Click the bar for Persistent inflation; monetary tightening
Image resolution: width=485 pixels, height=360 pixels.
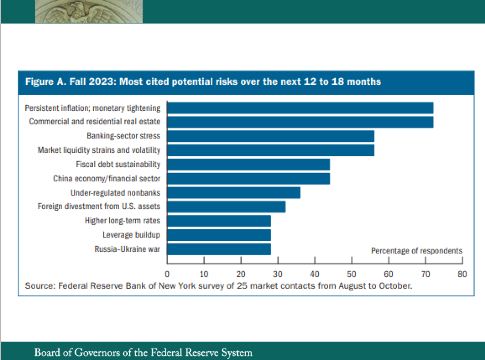[300, 108]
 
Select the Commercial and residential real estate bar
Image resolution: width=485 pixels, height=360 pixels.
[300, 122]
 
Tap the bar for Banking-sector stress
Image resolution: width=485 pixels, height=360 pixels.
[270, 136]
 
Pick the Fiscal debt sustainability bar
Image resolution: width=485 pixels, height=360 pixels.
[248, 164]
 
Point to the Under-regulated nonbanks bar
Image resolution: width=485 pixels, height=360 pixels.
[234, 193]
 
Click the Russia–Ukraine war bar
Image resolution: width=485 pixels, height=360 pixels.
[219, 249]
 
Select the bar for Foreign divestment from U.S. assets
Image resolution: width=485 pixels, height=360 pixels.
[226, 207]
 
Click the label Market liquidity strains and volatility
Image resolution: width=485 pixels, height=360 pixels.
[99, 150]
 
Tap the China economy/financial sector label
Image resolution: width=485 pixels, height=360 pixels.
[106, 178]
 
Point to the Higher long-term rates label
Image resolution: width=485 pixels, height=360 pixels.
[122, 221]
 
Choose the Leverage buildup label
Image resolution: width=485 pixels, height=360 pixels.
[131, 235]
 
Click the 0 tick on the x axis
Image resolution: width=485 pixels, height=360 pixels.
[167, 274]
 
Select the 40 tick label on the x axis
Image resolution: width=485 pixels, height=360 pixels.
[314, 274]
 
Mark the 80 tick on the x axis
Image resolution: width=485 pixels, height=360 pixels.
[462, 274]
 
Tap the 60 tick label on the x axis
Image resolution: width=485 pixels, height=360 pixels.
[388, 274]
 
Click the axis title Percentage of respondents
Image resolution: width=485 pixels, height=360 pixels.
[417, 251]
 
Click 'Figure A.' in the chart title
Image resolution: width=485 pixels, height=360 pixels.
[42, 82]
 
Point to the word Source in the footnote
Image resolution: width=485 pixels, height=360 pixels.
[38, 286]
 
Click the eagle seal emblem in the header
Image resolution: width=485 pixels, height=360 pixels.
[88, 11]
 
